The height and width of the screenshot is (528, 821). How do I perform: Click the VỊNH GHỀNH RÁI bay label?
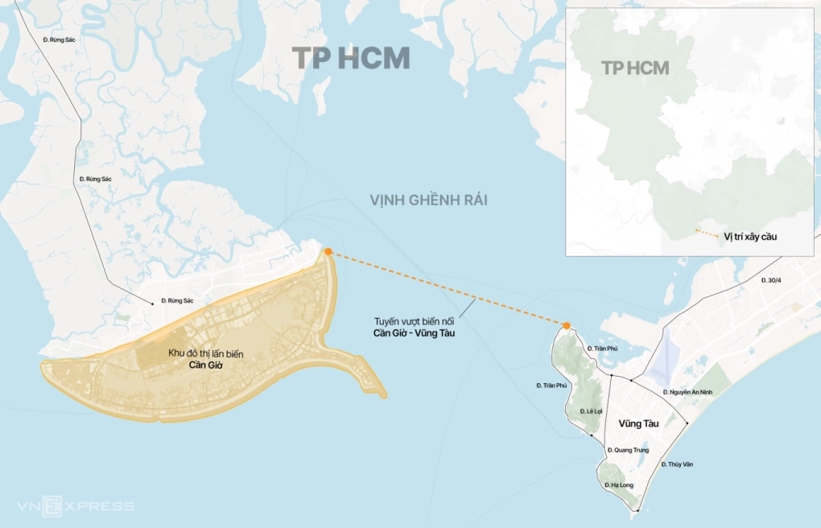[x=428, y=200]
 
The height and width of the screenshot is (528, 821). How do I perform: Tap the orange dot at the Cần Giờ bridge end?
[x=328, y=252]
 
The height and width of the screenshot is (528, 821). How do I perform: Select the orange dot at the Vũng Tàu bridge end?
[x=567, y=326]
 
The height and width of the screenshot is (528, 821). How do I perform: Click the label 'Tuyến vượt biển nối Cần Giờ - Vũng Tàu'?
[x=414, y=327]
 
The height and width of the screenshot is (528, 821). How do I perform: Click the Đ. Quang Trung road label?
[x=629, y=450]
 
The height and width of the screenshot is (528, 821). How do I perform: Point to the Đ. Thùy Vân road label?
[x=677, y=464]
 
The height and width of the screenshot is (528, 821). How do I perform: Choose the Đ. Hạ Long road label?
[x=618, y=485]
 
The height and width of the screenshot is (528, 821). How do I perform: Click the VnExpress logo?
[x=76, y=506]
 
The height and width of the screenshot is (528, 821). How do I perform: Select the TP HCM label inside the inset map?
[x=635, y=68]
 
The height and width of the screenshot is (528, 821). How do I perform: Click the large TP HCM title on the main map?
[x=351, y=59]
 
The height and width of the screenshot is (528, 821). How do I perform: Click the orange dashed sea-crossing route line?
[x=448, y=289]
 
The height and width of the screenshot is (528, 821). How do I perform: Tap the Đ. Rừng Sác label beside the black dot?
[x=177, y=300]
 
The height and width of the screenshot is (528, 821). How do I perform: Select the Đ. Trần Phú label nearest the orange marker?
[x=601, y=348]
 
